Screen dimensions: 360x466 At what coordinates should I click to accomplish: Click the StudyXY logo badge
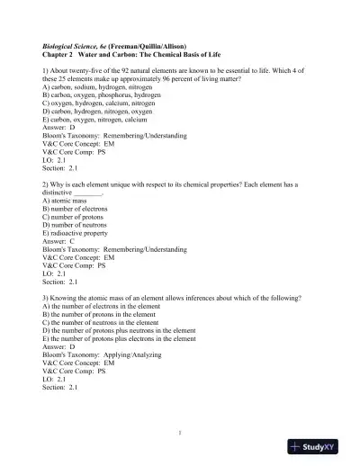[319, 446]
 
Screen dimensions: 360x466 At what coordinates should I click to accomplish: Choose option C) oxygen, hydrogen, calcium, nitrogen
[100, 103]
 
